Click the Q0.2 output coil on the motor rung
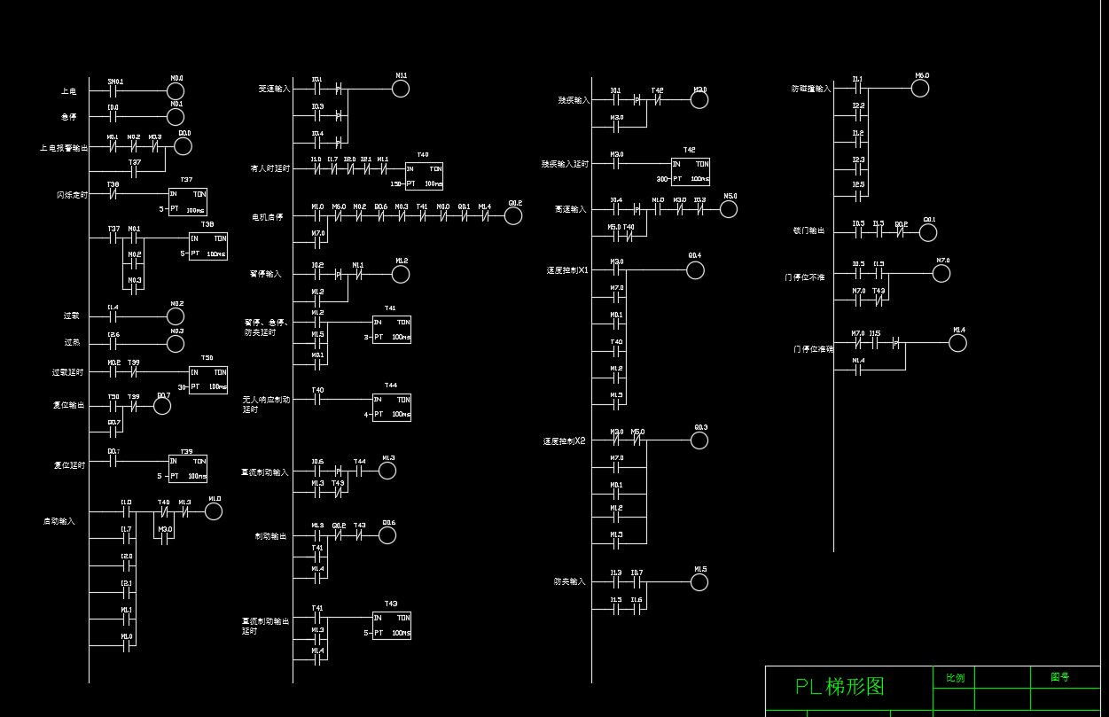pos(513,216)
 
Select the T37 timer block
pos(187,202)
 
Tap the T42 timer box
pos(690,171)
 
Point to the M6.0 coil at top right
pos(920,89)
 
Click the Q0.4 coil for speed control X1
pos(695,269)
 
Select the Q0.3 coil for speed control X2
pos(699,440)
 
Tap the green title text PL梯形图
pos(840,687)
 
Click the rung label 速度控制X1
pos(567,270)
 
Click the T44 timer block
pos(391,407)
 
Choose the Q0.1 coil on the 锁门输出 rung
pos(928,232)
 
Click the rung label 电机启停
pos(268,216)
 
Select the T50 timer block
pos(207,379)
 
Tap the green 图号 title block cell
pos(1059,677)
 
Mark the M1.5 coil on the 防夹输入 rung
pos(699,582)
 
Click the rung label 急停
pos(69,117)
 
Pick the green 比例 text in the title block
pos(955,678)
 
